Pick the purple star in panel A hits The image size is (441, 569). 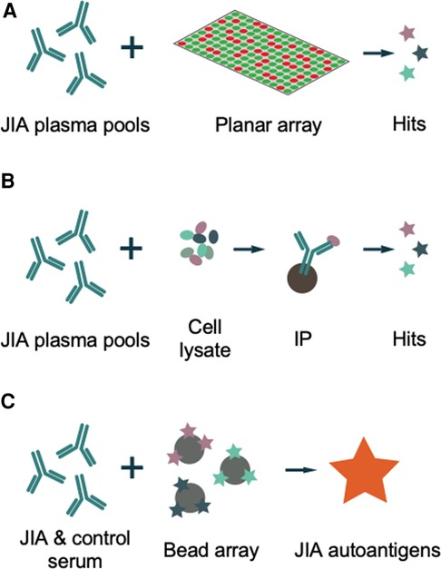(x=406, y=34)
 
